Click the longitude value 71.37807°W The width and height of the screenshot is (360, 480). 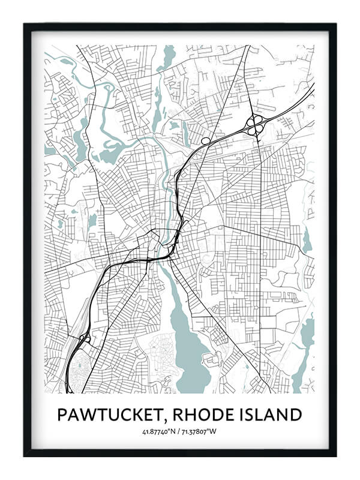[x=201, y=432]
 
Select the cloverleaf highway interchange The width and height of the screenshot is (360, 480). [x=254, y=124]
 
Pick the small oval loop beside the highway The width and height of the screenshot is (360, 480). [x=206, y=141]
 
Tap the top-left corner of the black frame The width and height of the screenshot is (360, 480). [x=26, y=25]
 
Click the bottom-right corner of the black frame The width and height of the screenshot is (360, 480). [x=334, y=454]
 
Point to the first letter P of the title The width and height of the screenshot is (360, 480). [x=62, y=415]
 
